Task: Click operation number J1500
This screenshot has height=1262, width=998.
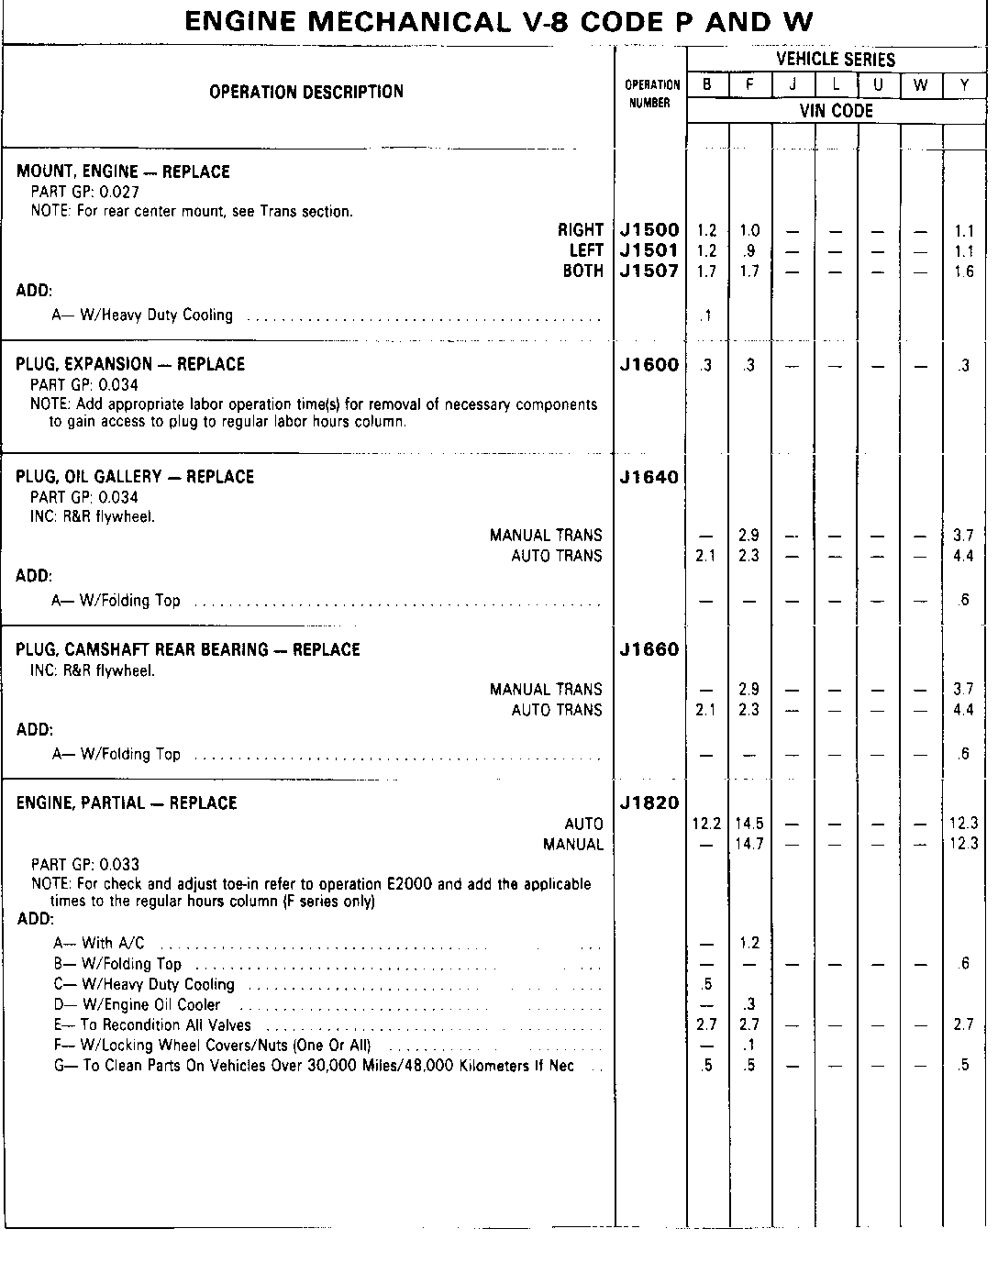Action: (x=649, y=230)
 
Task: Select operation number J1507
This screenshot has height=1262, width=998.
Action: (x=649, y=271)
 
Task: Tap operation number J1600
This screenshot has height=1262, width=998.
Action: (x=649, y=365)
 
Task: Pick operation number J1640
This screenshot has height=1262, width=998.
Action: (x=649, y=477)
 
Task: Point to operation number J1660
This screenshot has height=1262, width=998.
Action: (x=649, y=650)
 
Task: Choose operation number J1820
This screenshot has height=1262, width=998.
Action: (x=649, y=803)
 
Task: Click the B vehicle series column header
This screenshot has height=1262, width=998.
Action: (x=707, y=85)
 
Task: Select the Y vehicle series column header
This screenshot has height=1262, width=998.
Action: (x=965, y=85)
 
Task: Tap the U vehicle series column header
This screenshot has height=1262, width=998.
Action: (x=879, y=85)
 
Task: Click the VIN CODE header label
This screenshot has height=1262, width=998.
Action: (x=836, y=111)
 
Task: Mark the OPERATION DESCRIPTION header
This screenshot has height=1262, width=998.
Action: (x=306, y=92)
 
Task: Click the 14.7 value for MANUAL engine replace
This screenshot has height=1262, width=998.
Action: (x=749, y=844)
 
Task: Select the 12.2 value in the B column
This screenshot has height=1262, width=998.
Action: (x=706, y=824)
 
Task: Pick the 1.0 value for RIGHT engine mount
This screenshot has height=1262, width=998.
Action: (x=749, y=231)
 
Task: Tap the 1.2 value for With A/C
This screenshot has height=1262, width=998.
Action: (x=749, y=943)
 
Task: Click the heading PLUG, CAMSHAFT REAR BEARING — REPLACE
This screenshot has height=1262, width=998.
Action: (x=188, y=650)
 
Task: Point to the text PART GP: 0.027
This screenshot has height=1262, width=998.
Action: (x=84, y=192)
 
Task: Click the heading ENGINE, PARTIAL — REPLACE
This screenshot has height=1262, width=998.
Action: (x=127, y=803)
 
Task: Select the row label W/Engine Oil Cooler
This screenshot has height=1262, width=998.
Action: (x=150, y=1005)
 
